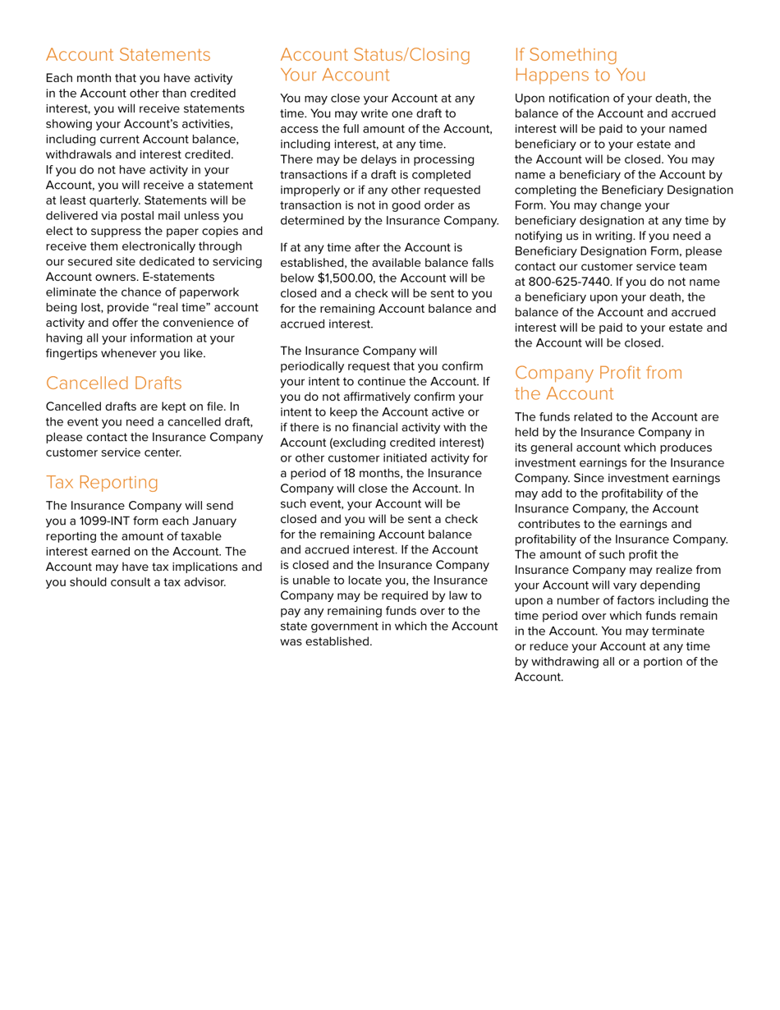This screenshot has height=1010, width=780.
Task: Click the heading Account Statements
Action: [x=128, y=55]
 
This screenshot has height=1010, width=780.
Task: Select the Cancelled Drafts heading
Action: [x=114, y=383]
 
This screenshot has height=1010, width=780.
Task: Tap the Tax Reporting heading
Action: [x=102, y=482]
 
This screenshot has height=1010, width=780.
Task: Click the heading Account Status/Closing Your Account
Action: [x=375, y=65]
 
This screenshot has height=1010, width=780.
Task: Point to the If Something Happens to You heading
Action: [x=580, y=65]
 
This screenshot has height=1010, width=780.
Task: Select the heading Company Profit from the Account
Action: [x=598, y=383]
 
